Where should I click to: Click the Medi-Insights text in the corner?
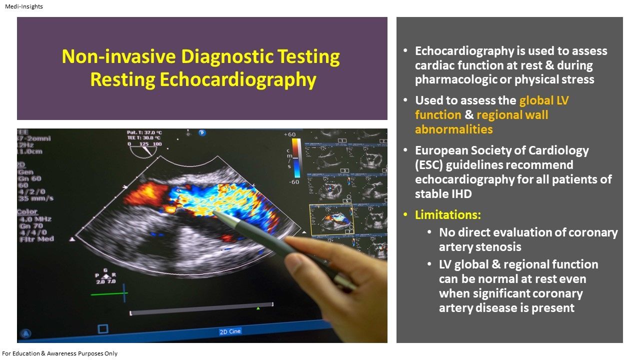[x=23, y=6]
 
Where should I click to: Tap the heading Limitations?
[x=448, y=215]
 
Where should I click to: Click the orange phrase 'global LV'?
[x=544, y=100]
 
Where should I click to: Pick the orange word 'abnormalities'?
[x=453, y=129]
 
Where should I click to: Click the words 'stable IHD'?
[x=443, y=194]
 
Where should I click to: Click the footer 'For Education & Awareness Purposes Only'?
[x=60, y=353]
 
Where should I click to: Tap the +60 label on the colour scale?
[x=290, y=135]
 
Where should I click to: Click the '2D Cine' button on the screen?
[x=230, y=331]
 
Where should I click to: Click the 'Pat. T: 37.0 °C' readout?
[x=145, y=132]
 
